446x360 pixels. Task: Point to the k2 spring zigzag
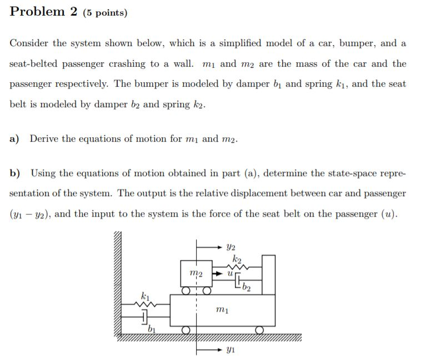point(241,267)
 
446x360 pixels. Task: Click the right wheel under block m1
point(259,330)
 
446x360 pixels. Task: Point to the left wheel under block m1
point(186,330)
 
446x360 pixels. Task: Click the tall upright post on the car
point(268,275)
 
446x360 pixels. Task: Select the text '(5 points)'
point(105,13)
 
